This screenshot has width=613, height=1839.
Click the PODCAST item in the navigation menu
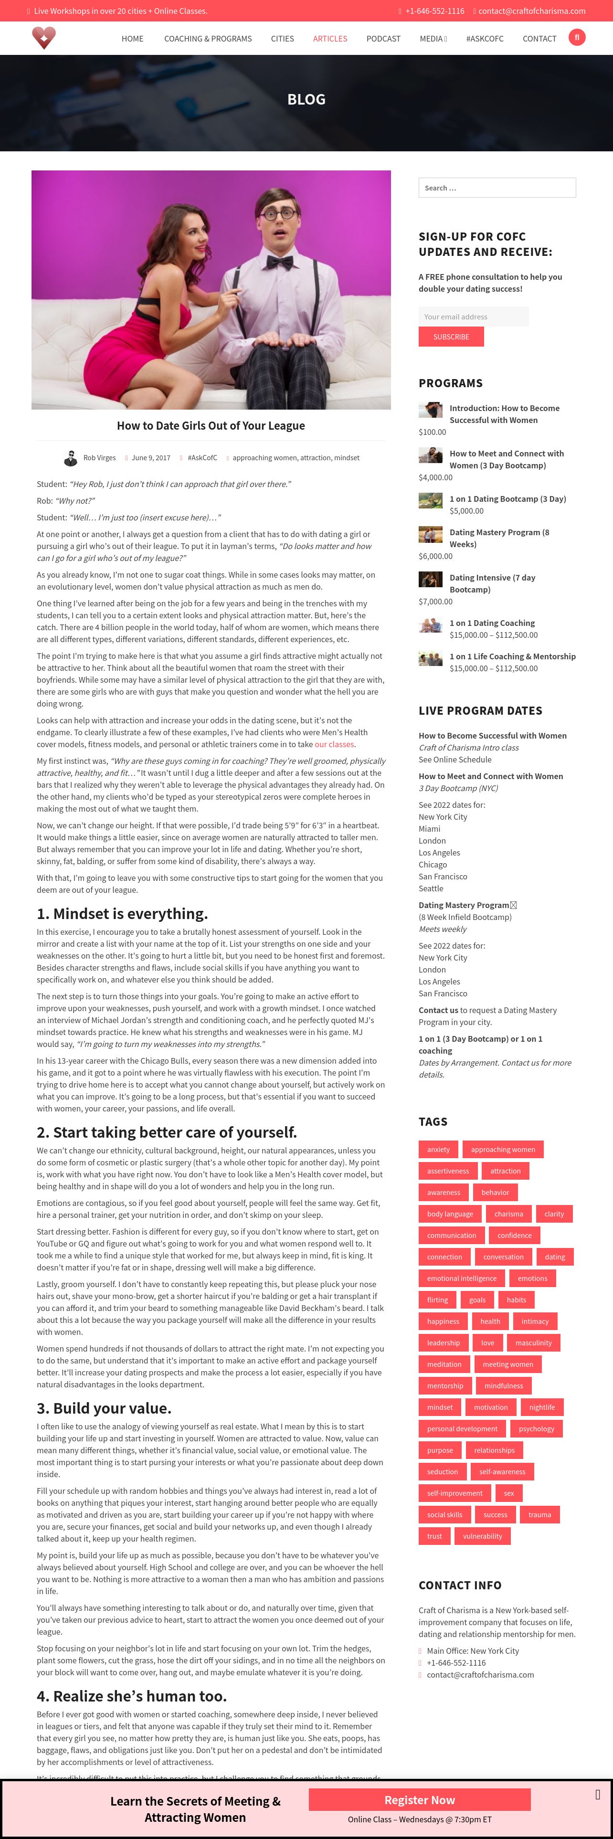(x=383, y=39)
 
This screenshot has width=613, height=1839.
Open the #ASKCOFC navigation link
(x=485, y=39)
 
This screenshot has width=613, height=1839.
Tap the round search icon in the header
(x=577, y=37)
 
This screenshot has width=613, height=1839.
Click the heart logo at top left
(x=43, y=37)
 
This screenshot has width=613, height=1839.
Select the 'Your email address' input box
(x=473, y=316)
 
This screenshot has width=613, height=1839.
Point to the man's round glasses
(x=278, y=213)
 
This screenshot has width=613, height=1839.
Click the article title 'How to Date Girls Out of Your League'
(x=211, y=425)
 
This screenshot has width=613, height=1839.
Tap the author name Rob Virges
(x=99, y=458)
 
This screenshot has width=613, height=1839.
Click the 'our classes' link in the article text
(x=334, y=744)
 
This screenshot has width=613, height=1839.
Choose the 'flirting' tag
(x=437, y=1300)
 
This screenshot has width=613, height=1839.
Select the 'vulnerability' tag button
(x=482, y=1535)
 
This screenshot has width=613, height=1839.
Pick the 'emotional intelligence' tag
(x=461, y=1278)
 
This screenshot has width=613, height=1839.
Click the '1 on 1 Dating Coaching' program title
(x=492, y=623)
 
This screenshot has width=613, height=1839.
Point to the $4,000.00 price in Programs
(x=435, y=477)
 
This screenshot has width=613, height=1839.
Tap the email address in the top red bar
(x=532, y=11)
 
